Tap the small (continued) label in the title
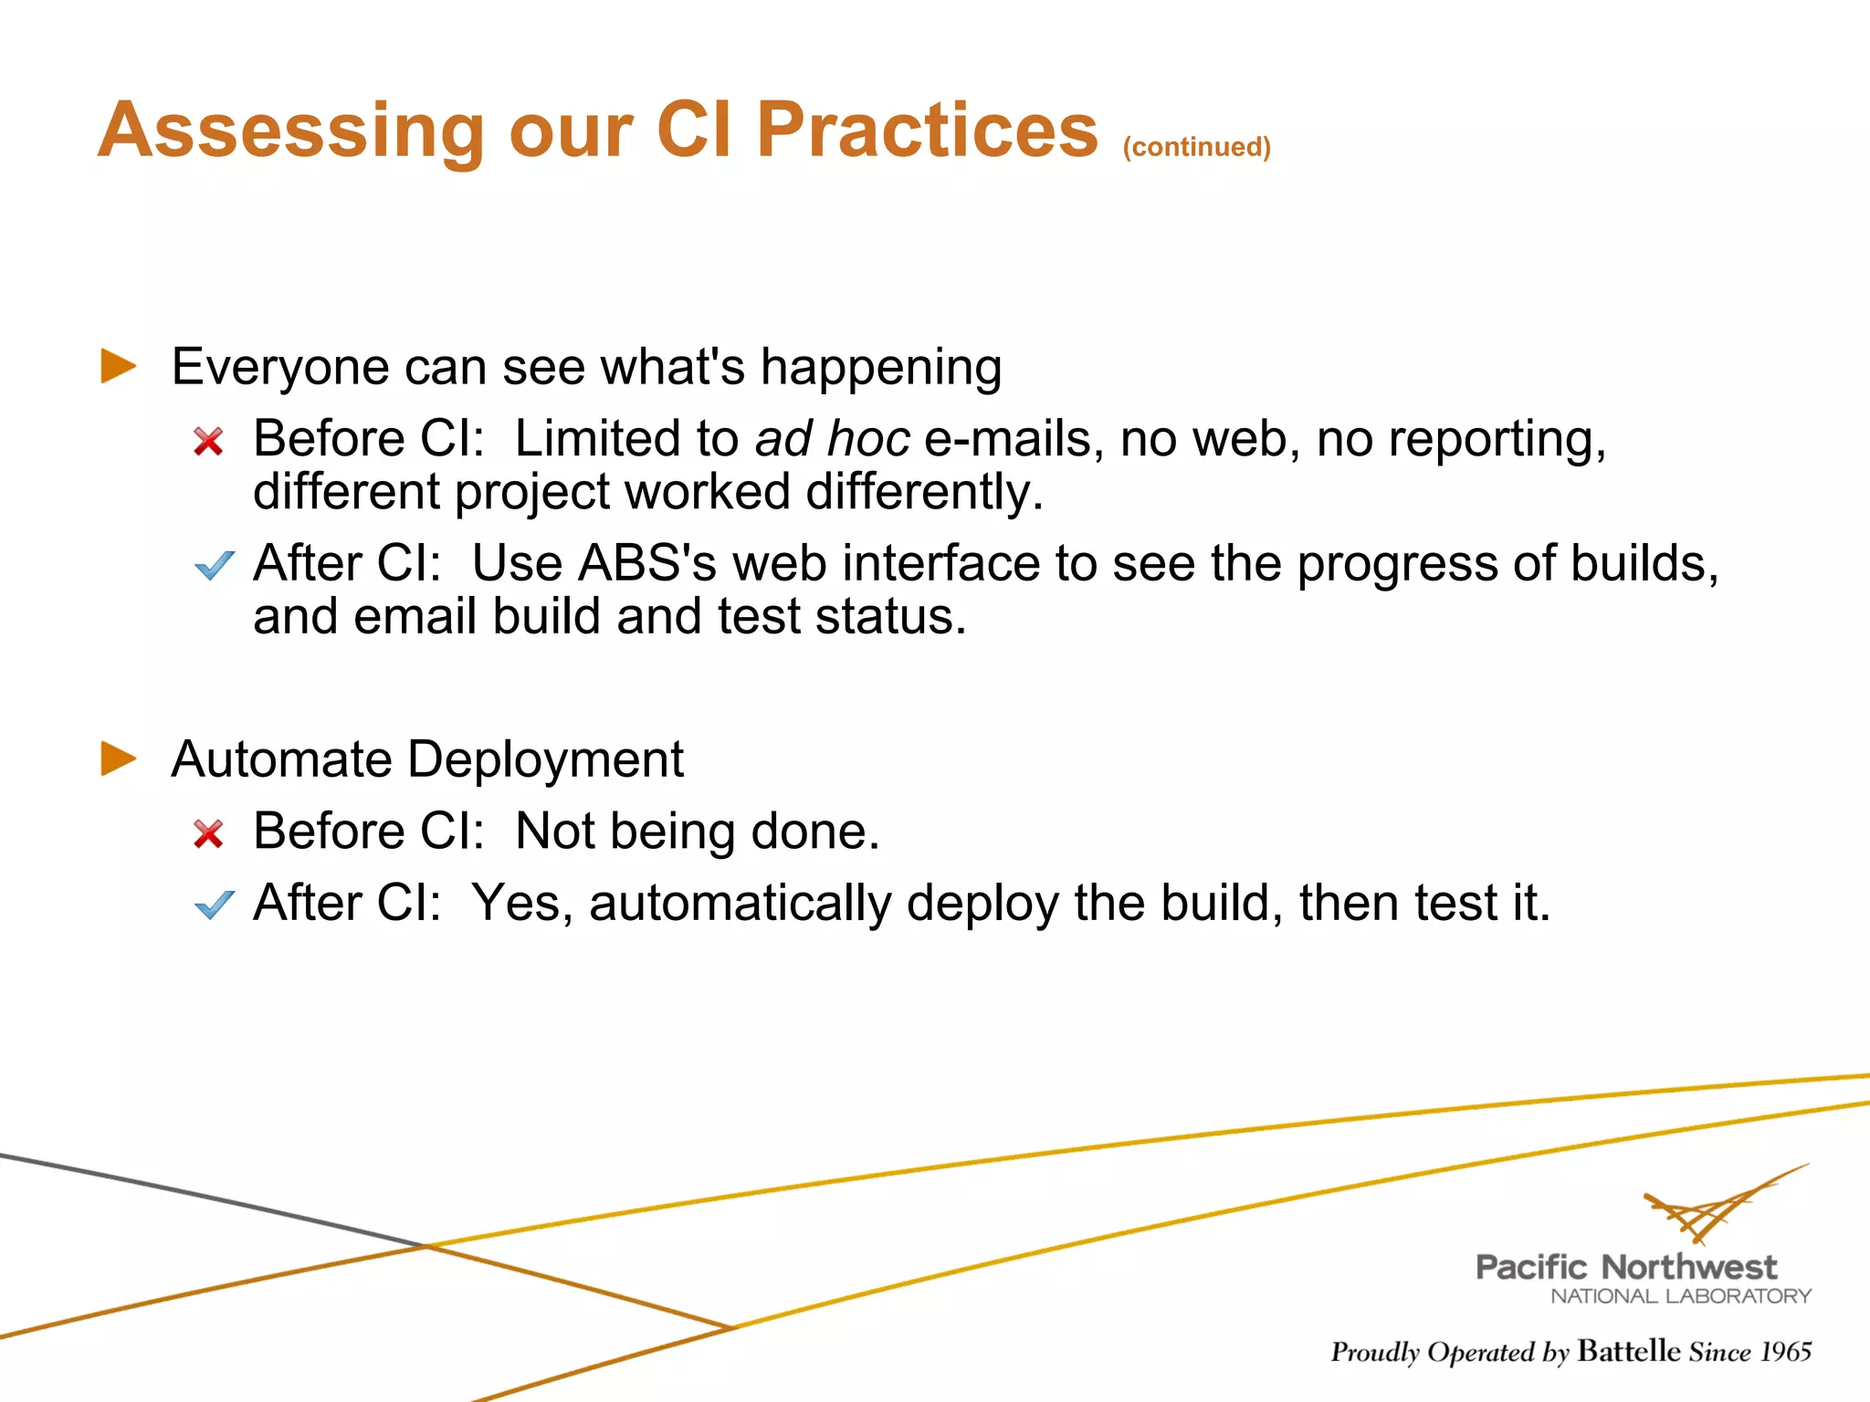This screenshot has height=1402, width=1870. pos(1196,147)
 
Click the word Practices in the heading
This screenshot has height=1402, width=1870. pos(927,130)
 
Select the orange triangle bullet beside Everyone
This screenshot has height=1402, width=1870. pos(118,366)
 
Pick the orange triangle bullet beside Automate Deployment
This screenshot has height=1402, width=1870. pos(118,759)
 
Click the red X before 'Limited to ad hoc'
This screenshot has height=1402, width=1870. pos(208,442)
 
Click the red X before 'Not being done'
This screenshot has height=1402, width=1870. pos(208,833)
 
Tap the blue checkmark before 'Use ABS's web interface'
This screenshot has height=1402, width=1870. pos(215,566)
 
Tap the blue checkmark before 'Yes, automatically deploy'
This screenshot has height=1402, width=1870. pos(215,905)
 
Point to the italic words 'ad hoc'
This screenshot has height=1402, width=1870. pos(832,439)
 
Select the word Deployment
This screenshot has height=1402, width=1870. pos(546,759)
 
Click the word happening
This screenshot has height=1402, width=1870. pos(881,368)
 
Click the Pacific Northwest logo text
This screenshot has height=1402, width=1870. pos(1626,1267)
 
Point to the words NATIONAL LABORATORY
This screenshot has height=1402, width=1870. pos(1680,1296)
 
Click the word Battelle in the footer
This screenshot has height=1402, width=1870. pos(1628,1351)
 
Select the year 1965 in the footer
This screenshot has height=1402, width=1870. pos(1785,1352)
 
